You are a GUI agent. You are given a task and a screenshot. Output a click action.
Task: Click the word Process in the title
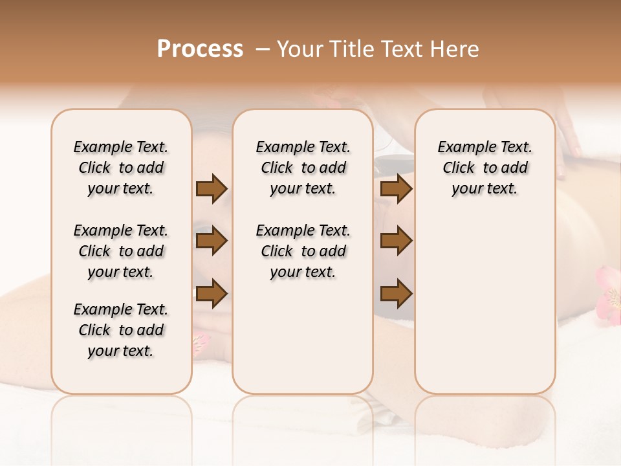200,49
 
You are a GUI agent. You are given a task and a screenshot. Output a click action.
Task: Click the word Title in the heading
352,49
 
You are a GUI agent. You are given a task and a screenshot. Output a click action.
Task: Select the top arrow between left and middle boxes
212,189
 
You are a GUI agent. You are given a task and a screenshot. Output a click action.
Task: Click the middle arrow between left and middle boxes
212,241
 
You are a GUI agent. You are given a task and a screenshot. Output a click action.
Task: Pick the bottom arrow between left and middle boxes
212,293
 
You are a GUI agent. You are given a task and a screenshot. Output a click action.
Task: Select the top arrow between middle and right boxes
396,189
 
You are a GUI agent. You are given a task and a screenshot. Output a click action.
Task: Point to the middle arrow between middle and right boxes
396,241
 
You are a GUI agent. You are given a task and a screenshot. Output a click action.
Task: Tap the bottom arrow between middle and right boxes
396,293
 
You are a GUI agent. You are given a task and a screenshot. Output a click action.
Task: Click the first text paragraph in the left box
121,168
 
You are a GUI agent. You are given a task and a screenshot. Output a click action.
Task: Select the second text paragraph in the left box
121,251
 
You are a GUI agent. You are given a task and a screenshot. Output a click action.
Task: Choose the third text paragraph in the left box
121,330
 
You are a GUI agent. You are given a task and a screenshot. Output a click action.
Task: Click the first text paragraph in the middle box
303,168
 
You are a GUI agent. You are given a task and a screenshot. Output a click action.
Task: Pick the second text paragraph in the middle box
303,251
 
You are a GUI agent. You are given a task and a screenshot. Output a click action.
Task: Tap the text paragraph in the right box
485,168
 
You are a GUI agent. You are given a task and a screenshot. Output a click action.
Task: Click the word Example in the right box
462,148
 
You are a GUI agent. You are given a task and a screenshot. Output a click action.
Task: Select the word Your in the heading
296,49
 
